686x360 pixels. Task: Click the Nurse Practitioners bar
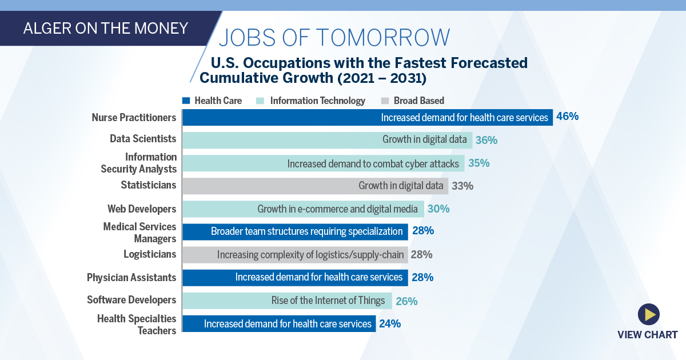click(367, 117)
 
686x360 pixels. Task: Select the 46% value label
click(567, 117)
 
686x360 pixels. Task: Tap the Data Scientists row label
click(143, 139)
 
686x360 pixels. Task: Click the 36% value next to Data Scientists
click(486, 140)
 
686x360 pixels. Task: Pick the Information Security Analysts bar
click(323, 163)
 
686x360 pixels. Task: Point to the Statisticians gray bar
click(315, 186)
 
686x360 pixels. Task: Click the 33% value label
click(462, 186)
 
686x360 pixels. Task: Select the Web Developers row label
click(142, 209)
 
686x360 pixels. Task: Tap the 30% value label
click(438, 209)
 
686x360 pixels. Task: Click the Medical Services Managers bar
click(295, 231)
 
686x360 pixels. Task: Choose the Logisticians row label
click(150, 254)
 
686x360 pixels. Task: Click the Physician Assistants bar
click(295, 278)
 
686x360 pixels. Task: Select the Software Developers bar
click(287, 301)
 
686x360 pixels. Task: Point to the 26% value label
click(406, 301)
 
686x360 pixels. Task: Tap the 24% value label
click(390, 323)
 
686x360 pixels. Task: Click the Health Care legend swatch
click(186, 101)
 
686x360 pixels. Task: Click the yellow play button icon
click(648, 314)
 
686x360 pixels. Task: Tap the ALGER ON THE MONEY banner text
click(105, 28)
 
